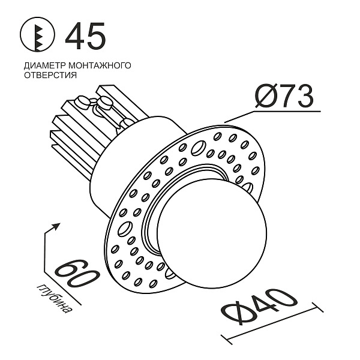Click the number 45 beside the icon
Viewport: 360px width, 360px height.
[86, 37]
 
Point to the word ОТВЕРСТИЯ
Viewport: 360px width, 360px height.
[50, 76]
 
